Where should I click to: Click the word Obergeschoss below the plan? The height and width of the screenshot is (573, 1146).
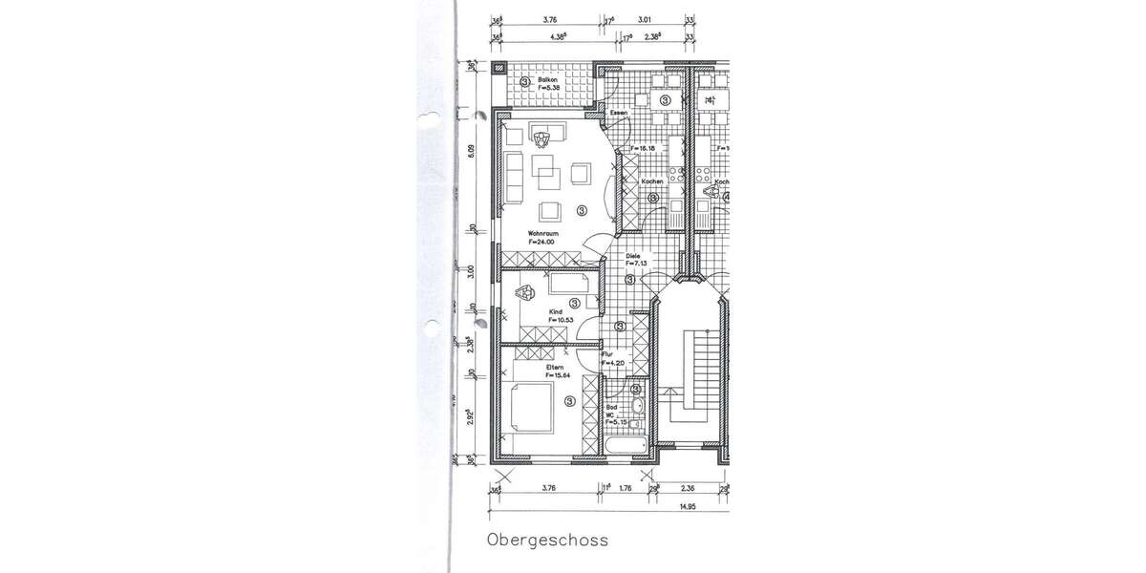(547, 541)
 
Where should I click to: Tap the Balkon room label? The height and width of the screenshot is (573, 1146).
(547, 79)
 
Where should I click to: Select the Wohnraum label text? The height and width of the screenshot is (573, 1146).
(543, 233)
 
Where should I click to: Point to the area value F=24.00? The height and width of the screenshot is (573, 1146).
(543, 242)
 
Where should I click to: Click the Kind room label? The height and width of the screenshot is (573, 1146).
(553, 311)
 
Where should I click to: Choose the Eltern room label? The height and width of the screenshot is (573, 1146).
(554, 367)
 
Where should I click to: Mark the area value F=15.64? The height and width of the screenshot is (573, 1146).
(557, 375)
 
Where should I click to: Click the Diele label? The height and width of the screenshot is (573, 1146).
(632, 256)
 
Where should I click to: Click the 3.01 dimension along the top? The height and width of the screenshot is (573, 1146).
(645, 17)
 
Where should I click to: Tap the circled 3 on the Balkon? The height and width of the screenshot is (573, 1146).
(525, 82)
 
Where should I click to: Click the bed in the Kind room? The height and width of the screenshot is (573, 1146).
(572, 284)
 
